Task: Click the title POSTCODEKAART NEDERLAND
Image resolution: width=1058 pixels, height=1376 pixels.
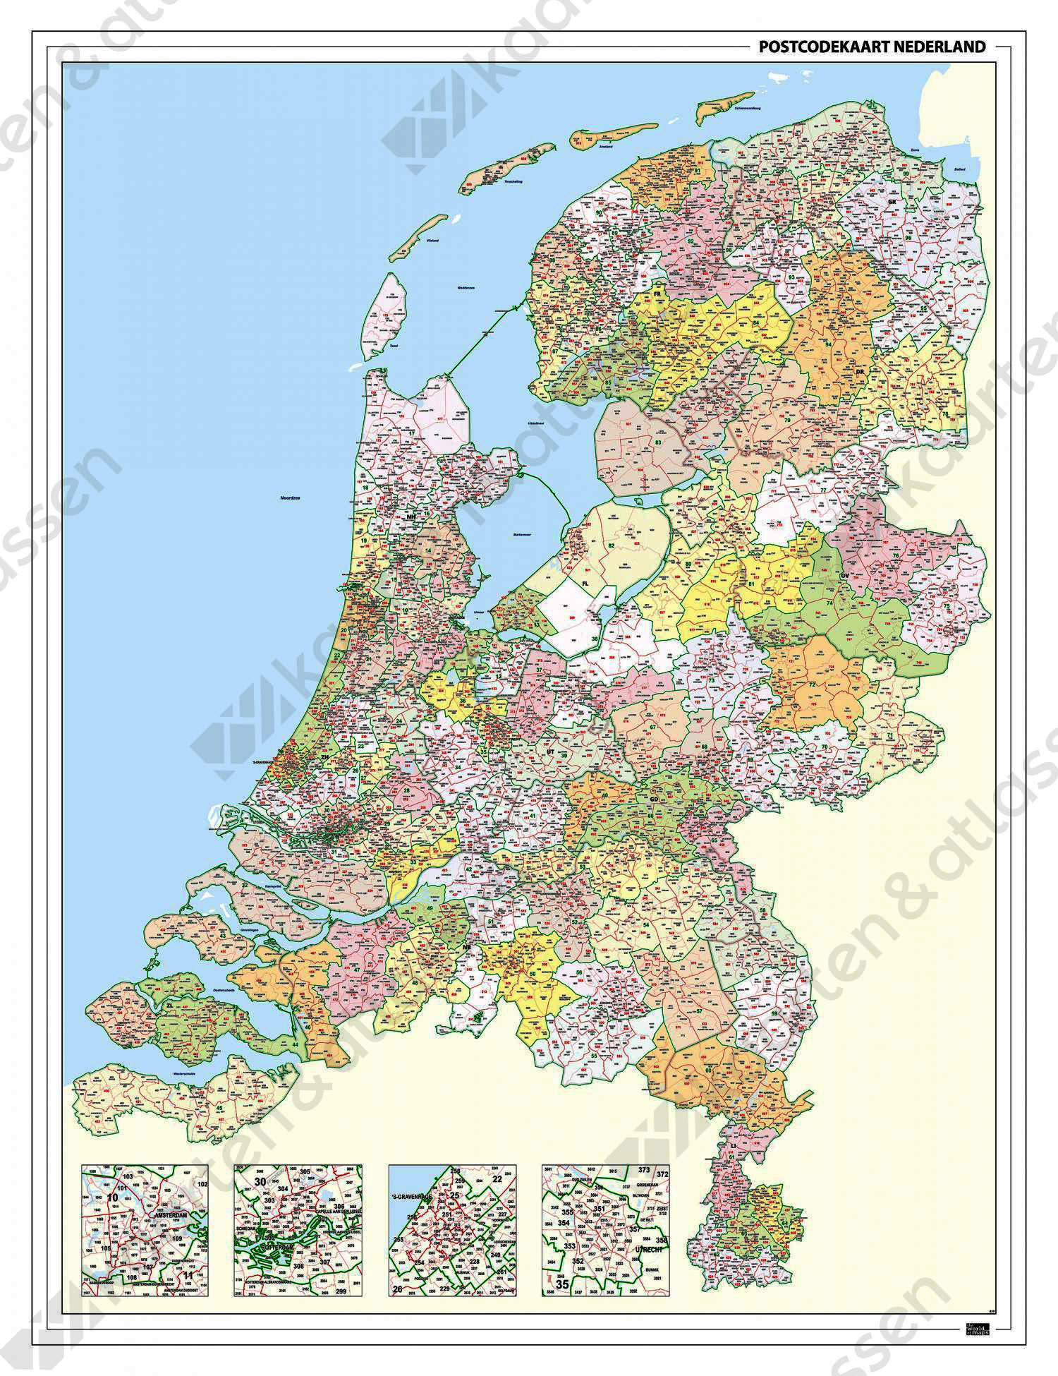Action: [871, 47]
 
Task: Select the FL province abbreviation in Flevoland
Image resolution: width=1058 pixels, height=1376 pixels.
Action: [585, 584]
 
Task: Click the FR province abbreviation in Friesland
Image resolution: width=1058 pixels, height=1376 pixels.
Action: [656, 293]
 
